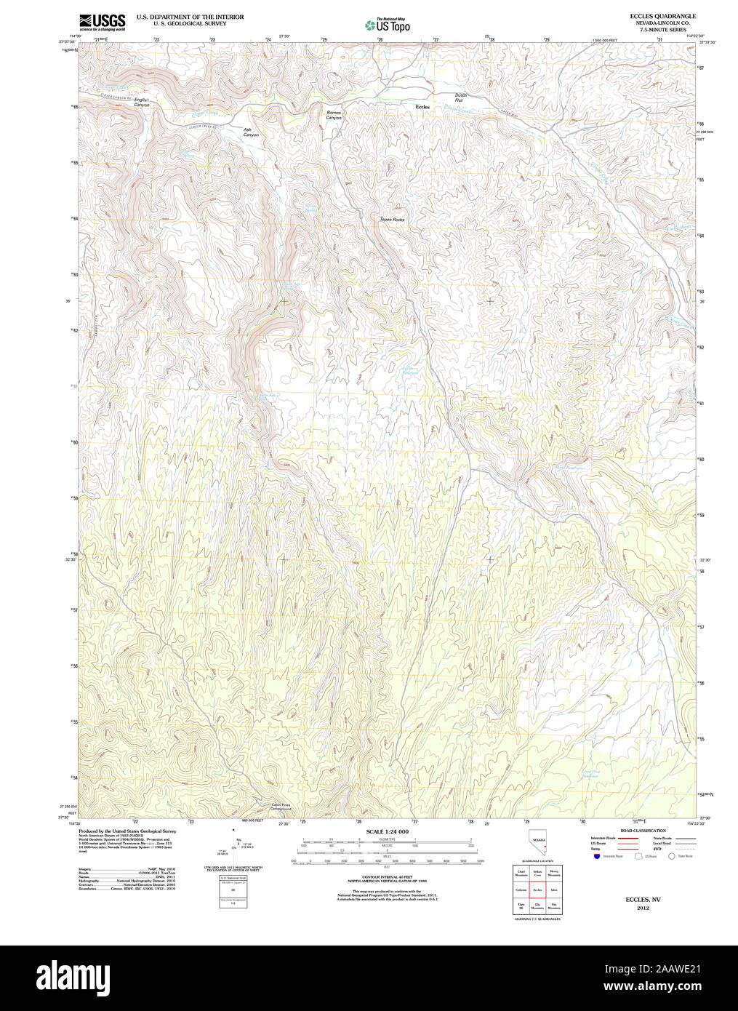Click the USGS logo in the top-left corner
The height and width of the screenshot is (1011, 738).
(102, 22)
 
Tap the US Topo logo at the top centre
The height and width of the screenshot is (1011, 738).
(388, 25)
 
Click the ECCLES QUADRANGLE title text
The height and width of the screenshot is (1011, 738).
(663, 16)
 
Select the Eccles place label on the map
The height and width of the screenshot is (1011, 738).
(422, 107)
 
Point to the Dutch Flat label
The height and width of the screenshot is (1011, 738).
(460, 97)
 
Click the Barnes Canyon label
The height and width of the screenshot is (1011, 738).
(334, 115)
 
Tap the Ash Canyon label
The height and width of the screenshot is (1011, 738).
(251, 132)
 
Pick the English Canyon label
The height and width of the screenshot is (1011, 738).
(141, 103)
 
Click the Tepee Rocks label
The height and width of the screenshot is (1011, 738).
(392, 219)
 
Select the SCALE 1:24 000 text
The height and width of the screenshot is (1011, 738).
(387, 831)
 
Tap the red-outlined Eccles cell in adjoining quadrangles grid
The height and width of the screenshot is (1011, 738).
(537, 890)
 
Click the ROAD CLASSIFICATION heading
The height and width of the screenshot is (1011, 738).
(643, 831)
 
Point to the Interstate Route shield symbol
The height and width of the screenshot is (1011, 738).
(596, 857)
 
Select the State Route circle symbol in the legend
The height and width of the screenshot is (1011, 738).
(673, 857)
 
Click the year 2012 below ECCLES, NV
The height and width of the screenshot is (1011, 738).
(643, 908)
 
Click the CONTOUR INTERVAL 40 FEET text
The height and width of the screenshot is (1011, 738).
(387, 878)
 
